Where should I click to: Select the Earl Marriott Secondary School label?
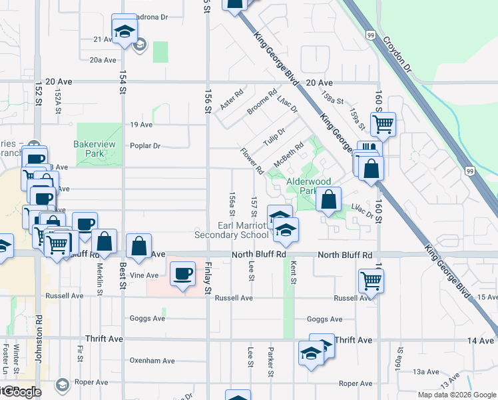[x=231, y=230]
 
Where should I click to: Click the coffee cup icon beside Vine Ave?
[x=182, y=273]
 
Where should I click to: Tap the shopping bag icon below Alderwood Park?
[x=329, y=199]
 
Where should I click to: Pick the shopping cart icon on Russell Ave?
[x=372, y=281]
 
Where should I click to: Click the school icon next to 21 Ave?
[x=124, y=31]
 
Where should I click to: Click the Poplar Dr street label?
[x=146, y=146]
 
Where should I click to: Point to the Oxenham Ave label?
[x=152, y=361]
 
